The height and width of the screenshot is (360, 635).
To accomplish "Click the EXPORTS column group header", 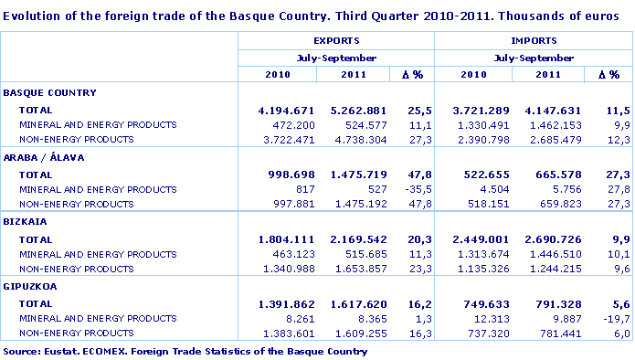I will (335, 41).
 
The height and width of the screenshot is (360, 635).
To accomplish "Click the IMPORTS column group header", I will (533, 41).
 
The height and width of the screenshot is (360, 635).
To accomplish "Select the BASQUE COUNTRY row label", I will (50, 93).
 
